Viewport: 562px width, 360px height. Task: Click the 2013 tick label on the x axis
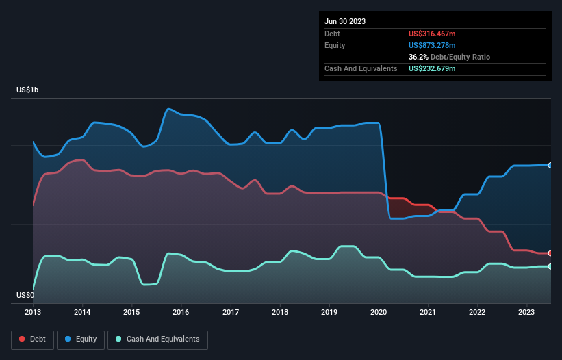click(33, 313)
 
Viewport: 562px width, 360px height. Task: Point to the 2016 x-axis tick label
click(181, 313)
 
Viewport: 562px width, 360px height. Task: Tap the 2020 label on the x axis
click(379, 313)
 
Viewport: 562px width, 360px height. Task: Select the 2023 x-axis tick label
click(526, 313)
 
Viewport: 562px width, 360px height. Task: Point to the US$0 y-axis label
click(25, 296)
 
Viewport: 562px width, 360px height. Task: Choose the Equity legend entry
click(81, 339)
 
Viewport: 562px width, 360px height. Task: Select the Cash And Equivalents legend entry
click(157, 339)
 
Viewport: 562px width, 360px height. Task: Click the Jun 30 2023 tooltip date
click(345, 21)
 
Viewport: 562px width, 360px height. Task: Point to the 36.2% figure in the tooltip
click(419, 57)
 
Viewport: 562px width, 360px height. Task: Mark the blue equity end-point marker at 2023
click(550, 165)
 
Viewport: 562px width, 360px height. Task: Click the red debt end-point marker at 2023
click(550, 253)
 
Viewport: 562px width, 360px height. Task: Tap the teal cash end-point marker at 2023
click(550, 266)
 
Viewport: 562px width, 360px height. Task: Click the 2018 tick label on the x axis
click(280, 313)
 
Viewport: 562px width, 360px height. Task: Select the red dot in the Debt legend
click(22, 339)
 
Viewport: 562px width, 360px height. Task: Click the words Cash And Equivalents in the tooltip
click(361, 69)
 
